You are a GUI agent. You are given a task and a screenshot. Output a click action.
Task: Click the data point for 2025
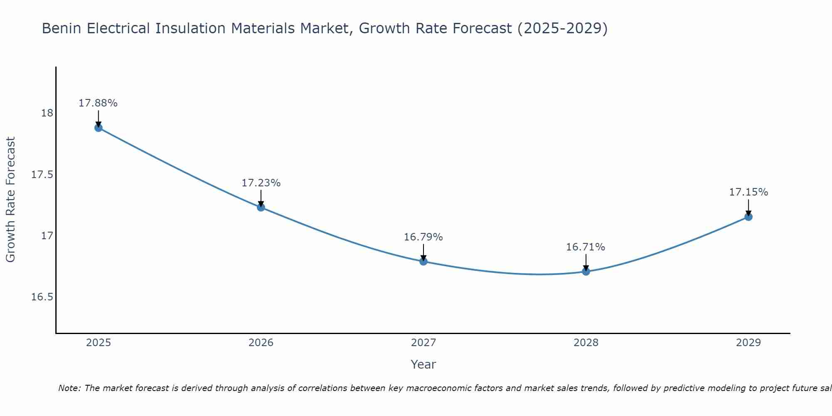tap(99, 128)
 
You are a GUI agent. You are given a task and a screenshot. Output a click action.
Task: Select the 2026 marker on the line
tap(261, 207)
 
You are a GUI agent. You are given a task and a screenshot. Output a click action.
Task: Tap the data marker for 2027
tap(423, 261)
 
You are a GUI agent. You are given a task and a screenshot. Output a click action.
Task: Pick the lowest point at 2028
tap(586, 271)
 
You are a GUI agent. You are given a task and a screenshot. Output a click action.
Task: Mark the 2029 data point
tap(748, 217)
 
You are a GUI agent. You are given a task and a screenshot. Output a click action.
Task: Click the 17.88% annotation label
tap(98, 103)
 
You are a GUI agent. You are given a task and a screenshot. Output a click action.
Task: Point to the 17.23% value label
tap(261, 183)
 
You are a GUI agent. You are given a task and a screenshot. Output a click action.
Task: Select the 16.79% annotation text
tap(423, 237)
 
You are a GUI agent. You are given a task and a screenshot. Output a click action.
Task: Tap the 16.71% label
tap(585, 247)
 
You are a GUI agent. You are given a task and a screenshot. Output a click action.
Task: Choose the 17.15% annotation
tap(748, 192)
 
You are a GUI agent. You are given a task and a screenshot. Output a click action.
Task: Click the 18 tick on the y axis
tap(47, 113)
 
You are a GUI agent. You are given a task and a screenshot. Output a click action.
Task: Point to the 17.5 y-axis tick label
tap(42, 174)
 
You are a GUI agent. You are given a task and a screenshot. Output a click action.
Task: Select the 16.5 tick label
tap(42, 297)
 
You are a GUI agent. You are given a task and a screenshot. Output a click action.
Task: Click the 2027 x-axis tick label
tap(423, 343)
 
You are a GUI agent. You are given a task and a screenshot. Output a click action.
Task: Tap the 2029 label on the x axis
tap(748, 343)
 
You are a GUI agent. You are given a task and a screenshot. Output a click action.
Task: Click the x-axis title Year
tap(423, 364)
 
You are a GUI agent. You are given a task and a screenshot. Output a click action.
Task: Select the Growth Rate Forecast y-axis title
tap(10, 200)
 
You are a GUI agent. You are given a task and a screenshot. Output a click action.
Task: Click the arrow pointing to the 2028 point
tap(586, 262)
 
